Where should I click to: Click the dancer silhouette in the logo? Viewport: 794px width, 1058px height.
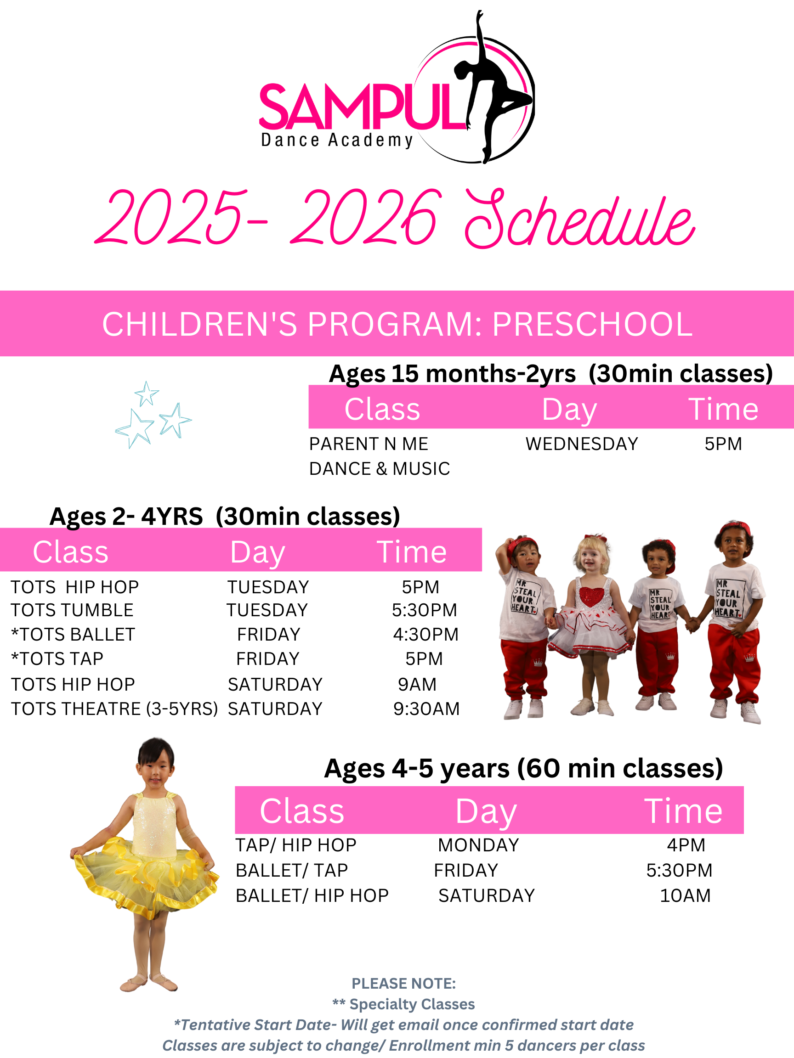(x=493, y=91)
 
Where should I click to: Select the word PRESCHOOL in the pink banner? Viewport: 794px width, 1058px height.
(x=592, y=324)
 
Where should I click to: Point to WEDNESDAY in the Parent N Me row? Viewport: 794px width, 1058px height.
(x=582, y=444)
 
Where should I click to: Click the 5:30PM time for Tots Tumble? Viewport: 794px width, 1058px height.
(x=425, y=610)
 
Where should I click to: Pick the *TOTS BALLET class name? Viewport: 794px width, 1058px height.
(x=73, y=634)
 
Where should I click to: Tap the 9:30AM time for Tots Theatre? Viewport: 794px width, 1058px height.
(x=426, y=709)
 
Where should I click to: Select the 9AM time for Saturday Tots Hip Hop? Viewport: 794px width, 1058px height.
(x=417, y=685)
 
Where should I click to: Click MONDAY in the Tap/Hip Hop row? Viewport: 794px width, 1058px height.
(x=478, y=845)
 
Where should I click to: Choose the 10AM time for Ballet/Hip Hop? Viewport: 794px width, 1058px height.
(x=686, y=895)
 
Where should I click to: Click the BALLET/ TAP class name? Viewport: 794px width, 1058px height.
(x=292, y=871)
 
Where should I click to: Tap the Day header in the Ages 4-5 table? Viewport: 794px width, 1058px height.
(x=486, y=812)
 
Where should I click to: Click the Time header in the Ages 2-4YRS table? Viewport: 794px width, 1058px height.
(x=412, y=552)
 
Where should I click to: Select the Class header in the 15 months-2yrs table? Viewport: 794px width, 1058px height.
(x=382, y=410)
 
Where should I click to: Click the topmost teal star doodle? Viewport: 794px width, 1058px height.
(x=147, y=393)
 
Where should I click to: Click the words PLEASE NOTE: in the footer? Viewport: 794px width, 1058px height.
(x=403, y=984)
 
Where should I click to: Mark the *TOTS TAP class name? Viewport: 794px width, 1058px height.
(x=57, y=658)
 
